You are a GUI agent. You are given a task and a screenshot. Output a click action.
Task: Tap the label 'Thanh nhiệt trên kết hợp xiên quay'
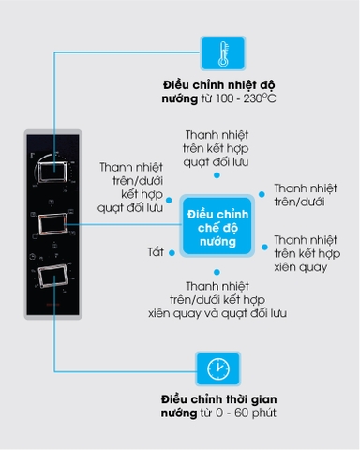tap(307, 253)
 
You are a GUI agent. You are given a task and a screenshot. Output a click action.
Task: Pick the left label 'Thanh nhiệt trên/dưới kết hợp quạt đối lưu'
tap(132, 186)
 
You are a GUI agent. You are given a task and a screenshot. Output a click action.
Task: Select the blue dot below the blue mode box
tap(217, 271)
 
